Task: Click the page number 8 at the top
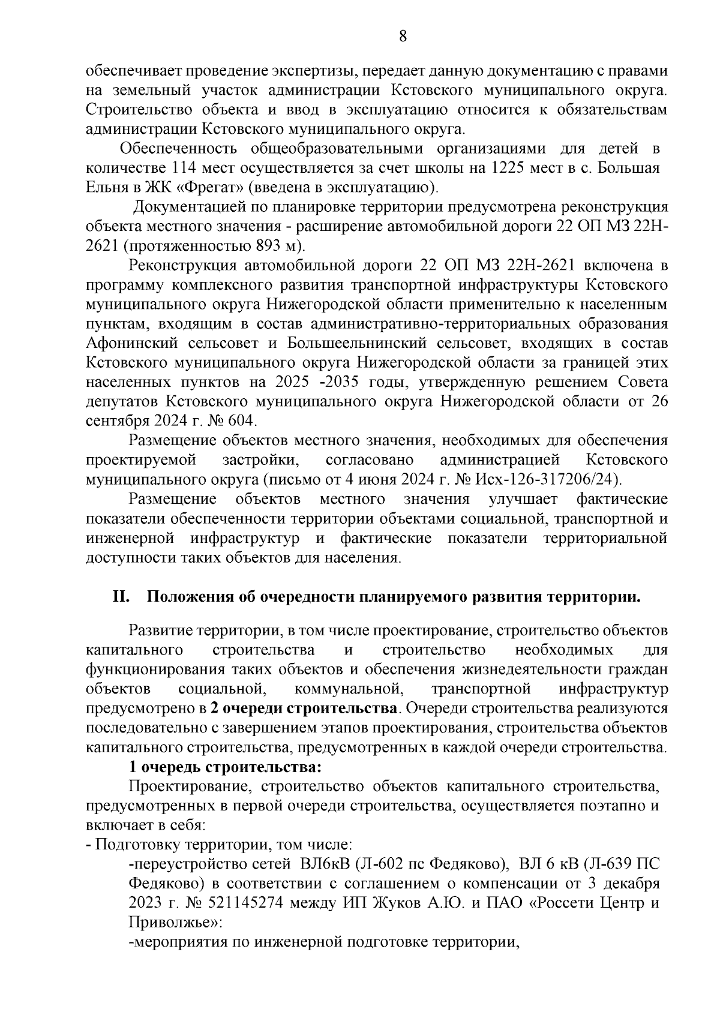tap(403, 37)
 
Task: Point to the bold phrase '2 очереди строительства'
tap(304, 708)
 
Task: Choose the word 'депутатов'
tap(122, 401)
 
